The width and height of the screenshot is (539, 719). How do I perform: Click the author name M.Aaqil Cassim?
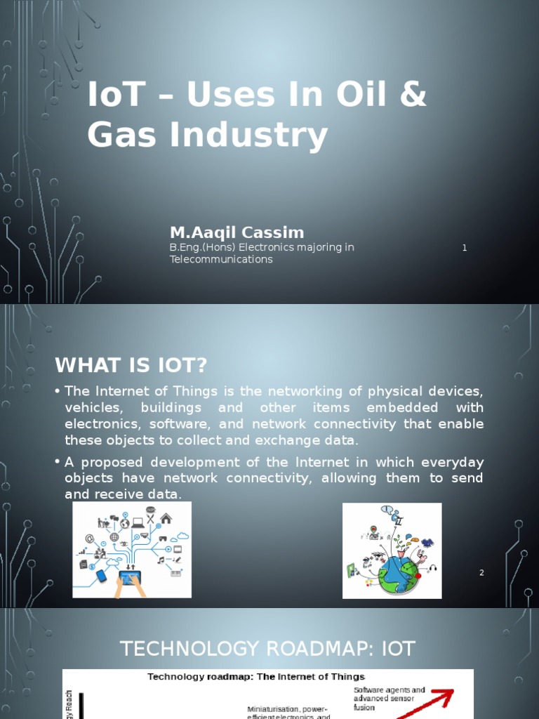tap(237, 232)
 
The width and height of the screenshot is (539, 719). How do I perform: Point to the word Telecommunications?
tap(221, 259)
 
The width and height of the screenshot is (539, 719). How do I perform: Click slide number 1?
tap(465, 248)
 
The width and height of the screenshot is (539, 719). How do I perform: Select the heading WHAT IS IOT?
tap(131, 365)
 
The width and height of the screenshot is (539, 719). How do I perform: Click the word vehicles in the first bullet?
tap(93, 408)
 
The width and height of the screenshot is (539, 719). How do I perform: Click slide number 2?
tap(481, 573)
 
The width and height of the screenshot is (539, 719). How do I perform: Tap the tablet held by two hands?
tap(130, 578)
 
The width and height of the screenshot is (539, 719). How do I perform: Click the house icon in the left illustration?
tap(166, 518)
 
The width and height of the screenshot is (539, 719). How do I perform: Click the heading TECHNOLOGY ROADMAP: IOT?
tap(267, 649)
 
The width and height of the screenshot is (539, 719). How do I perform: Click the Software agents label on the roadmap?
tap(390, 690)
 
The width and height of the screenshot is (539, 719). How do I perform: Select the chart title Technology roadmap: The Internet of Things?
tap(256, 677)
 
